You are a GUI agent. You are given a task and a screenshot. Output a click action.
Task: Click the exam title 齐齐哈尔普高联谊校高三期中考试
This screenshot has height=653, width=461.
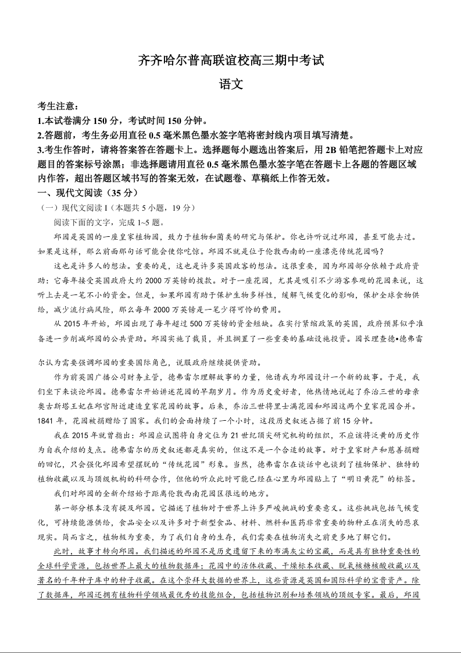(x=230, y=60)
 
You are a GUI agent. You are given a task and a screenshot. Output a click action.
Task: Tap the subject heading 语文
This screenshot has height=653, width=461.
(x=230, y=84)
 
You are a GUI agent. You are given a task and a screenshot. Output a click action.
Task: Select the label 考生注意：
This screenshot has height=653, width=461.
(x=58, y=107)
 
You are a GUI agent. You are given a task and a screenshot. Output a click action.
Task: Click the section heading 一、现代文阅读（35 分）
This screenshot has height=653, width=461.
(x=88, y=193)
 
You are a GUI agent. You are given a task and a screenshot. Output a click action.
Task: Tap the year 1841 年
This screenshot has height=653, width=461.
(x=49, y=421)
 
